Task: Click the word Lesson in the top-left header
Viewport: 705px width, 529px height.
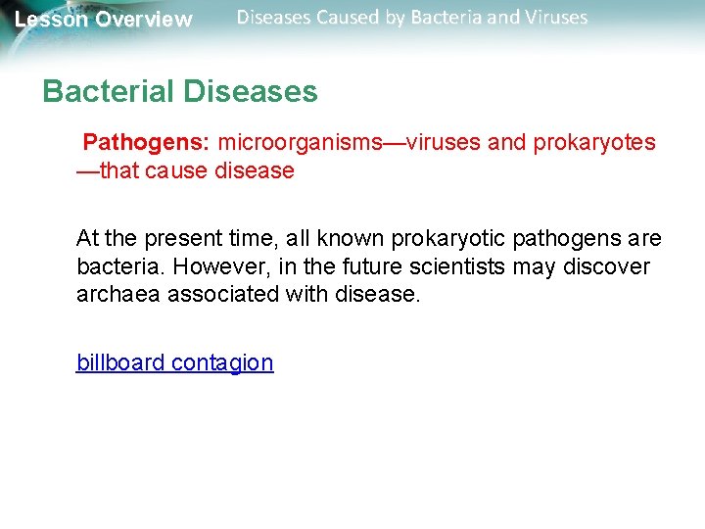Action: [52, 20]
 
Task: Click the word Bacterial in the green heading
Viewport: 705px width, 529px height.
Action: [109, 92]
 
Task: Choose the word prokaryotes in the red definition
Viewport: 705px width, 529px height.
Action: [594, 143]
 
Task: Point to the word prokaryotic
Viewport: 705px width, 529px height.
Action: [453, 239]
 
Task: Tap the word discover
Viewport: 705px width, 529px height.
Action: [609, 267]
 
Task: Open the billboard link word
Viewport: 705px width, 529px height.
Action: [120, 362]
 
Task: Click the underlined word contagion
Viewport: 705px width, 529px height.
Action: [222, 362]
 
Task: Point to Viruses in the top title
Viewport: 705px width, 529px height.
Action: [554, 18]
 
